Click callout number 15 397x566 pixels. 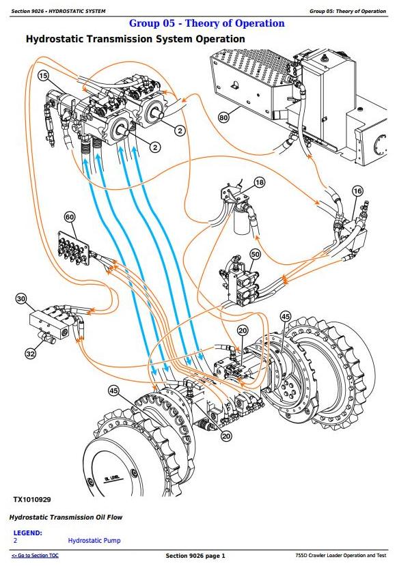43,76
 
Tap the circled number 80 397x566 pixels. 223,117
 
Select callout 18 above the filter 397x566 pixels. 260,183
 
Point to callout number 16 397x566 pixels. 357,191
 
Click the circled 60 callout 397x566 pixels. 70,217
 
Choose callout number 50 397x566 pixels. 255,254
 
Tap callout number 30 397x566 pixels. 21,299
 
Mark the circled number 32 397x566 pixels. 30,354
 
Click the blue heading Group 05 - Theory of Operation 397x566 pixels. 207,23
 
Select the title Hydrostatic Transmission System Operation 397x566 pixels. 135,39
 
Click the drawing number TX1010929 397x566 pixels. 32,500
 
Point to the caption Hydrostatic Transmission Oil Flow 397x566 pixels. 66,518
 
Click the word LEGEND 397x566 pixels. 27,533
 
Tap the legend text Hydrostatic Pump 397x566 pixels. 94,540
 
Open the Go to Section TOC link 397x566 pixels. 35,556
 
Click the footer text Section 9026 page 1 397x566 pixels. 195,556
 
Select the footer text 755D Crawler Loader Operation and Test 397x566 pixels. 341,556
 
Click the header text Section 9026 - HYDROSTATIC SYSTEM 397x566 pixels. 59,11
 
